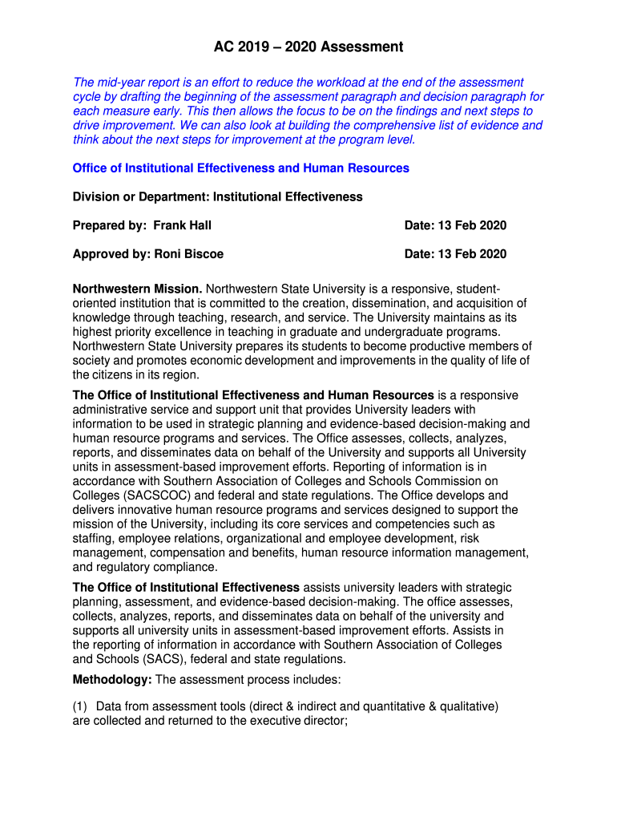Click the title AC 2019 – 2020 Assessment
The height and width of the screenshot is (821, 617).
(308, 47)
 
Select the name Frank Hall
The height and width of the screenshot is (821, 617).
(183, 225)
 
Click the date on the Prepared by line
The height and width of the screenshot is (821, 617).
(469, 225)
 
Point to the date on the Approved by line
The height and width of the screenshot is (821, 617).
(469, 254)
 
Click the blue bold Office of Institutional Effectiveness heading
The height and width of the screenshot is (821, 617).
(240, 168)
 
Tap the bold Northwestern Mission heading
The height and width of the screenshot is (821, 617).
(137, 289)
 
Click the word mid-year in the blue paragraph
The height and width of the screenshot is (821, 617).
(122, 83)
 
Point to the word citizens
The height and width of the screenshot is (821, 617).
(118, 375)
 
